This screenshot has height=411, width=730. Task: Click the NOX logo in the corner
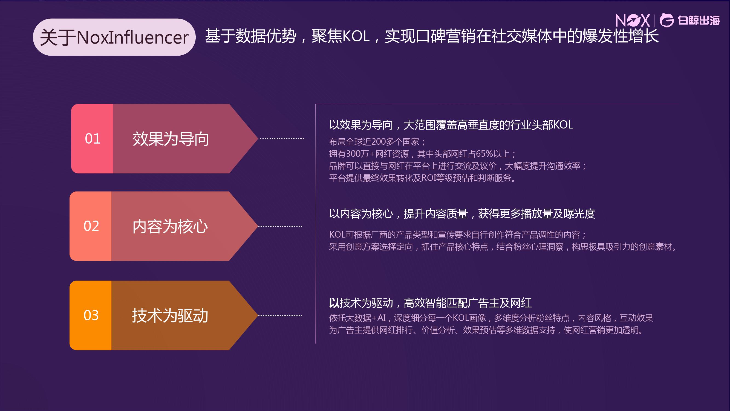633,21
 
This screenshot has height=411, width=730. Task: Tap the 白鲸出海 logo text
699,21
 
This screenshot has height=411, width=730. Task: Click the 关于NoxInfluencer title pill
114,37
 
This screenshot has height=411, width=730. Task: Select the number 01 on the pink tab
93,139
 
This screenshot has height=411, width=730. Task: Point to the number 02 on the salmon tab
91,226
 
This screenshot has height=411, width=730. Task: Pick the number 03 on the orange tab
91,315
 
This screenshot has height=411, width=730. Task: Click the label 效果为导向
171,139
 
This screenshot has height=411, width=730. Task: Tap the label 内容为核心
170,226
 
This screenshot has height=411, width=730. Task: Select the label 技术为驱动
170,316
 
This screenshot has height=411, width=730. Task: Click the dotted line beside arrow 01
282,139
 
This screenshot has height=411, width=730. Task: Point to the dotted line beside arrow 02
280,226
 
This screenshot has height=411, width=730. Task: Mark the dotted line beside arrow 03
280,315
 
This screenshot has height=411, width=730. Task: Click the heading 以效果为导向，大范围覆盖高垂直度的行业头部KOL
451,125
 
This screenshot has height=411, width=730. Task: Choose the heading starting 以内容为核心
462,214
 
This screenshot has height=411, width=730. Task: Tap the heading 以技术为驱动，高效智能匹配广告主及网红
430,303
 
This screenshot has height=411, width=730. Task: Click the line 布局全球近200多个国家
377,142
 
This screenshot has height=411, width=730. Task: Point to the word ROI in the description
428,178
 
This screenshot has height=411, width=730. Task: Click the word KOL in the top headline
356,36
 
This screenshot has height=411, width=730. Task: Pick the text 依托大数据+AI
357,318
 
